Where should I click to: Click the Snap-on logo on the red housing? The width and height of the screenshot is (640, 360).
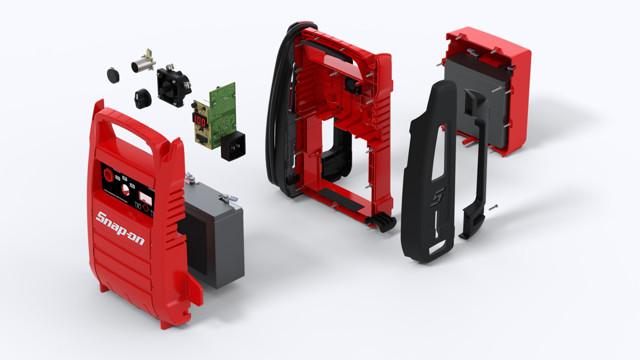120,227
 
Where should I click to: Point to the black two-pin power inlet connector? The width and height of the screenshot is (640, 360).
232,145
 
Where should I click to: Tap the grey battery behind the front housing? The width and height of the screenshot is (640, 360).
220,240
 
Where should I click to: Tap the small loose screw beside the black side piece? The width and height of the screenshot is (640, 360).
493,207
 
